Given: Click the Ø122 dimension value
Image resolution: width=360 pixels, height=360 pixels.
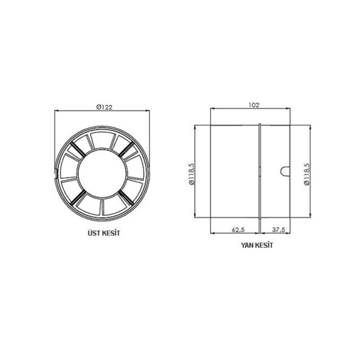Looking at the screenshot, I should (x=104, y=106).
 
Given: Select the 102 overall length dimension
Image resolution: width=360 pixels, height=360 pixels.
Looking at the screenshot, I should (x=254, y=105).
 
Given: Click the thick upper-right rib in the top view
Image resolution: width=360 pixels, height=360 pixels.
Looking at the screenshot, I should (x=125, y=150).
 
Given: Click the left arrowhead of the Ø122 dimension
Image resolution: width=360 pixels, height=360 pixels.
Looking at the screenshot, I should (x=57, y=111).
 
